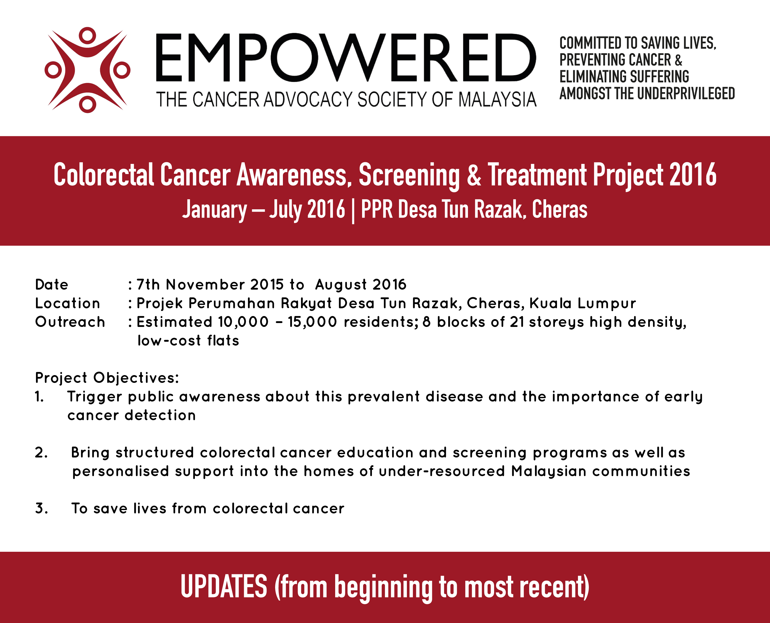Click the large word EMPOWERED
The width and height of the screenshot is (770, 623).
pos(346,58)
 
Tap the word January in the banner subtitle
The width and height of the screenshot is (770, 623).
pos(214,210)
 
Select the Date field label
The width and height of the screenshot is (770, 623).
pos(52,285)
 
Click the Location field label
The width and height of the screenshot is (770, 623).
pos(67,304)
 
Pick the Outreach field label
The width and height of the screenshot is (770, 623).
pos(70,322)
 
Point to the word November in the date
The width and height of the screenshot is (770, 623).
pos(206,285)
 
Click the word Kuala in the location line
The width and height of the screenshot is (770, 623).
pos(551,304)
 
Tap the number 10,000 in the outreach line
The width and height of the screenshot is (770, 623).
pos(243,322)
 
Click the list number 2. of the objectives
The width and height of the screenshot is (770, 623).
pos(41,453)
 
